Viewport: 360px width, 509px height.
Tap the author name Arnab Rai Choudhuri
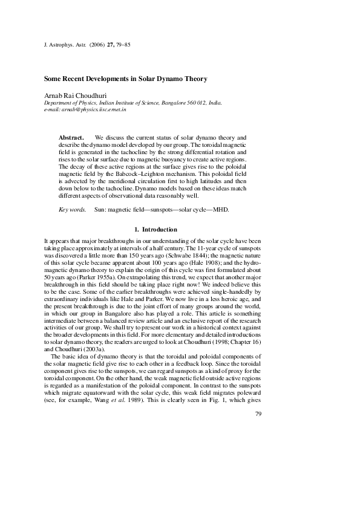(76, 96)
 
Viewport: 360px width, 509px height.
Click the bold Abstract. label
(71, 138)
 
